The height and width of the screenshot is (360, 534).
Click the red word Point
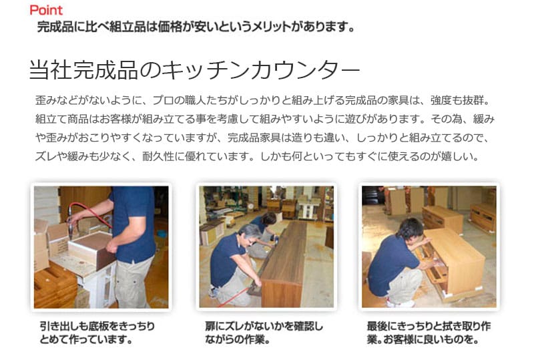click(x=46, y=10)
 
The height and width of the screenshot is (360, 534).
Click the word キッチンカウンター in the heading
click(x=260, y=70)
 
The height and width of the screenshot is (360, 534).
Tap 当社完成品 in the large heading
click(x=83, y=70)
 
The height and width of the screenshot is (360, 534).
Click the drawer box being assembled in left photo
click(x=92, y=249)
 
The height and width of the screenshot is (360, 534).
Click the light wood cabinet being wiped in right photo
click(x=449, y=260)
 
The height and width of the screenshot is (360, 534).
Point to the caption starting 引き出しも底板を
click(x=97, y=333)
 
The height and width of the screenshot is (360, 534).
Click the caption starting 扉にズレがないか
click(x=264, y=333)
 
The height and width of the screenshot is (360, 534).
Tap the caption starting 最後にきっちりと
click(x=429, y=333)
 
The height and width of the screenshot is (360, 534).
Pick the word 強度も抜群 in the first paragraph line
click(x=457, y=101)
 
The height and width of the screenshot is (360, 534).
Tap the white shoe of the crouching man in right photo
click(x=396, y=303)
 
